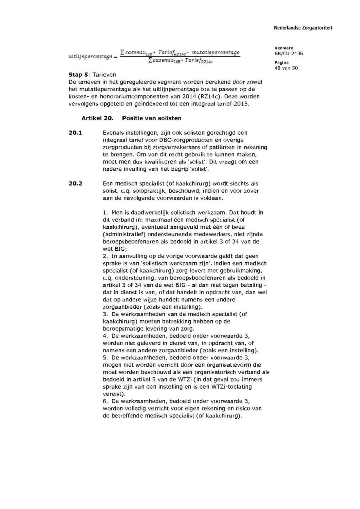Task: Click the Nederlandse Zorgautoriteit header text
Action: pyautogui.click(x=303, y=28)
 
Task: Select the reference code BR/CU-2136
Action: pyautogui.click(x=288, y=53)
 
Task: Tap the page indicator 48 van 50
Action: pyautogui.click(x=286, y=68)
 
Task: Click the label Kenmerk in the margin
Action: pyautogui.click(x=283, y=48)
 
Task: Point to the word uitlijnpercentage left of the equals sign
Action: pyautogui.click(x=90, y=57)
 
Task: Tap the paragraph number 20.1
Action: pyautogui.click(x=75, y=133)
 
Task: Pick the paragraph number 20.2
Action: pyautogui.click(x=75, y=184)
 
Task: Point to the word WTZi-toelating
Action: pyautogui.click(x=229, y=387)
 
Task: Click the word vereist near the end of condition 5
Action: pyautogui.click(x=112, y=394)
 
